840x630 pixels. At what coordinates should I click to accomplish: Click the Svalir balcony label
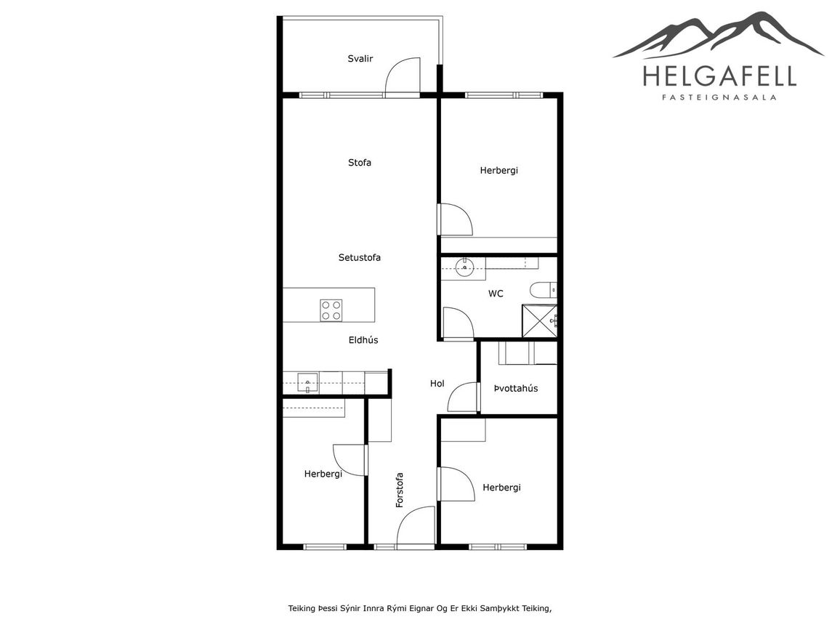(x=360, y=58)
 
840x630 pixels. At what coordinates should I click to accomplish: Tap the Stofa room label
(x=360, y=162)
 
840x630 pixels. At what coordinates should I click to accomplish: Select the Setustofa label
(x=360, y=257)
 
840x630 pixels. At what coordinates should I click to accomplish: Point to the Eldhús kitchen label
(x=363, y=339)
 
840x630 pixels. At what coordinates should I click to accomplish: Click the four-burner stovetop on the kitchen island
(x=331, y=310)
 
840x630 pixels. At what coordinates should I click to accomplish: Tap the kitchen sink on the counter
(x=307, y=382)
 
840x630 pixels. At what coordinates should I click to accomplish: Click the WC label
(x=496, y=294)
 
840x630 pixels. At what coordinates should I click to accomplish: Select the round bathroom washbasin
(x=464, y=267)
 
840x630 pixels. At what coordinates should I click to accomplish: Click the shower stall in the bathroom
(x=540, y=321)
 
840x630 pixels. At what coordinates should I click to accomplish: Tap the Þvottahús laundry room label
(x=516, y=389)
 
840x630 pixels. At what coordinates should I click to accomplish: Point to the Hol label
(x=437, y=384)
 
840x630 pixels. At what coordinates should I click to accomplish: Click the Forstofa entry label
(x=400, y=490)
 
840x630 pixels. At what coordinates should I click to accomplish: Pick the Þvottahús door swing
(x=462, y=397)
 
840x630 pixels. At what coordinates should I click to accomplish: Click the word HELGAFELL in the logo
(x=719, y=76)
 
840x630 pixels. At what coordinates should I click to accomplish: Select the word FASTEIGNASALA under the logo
(x=719, y=97)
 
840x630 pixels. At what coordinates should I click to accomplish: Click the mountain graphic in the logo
(x=718, y=36)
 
